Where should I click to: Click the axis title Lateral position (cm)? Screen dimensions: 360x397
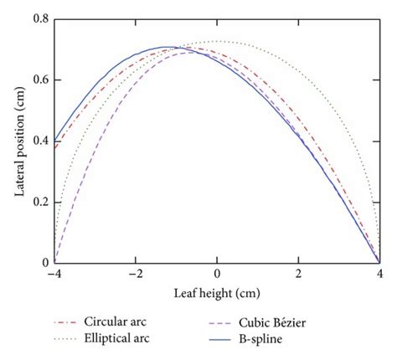(x=18, y=141)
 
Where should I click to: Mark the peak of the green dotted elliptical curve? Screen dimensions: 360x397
(x=218, y=41)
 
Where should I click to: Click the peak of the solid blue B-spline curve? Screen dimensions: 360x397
(x=168, y=47)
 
